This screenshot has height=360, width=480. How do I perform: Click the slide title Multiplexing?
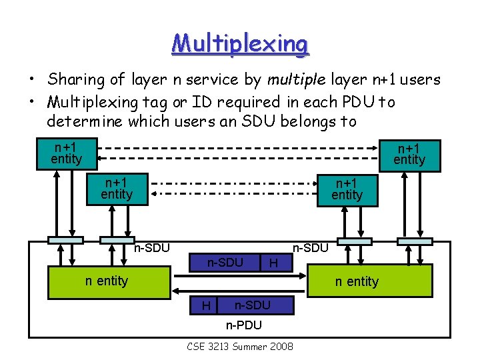point(240,44)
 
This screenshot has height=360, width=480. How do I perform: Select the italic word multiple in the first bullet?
point(295,80)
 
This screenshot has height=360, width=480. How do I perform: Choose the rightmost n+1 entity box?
point(409,153)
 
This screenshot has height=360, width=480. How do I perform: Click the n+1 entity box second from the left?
point(117,188)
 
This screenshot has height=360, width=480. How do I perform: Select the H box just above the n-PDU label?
point(206,306)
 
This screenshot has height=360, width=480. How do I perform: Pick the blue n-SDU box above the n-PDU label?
point(252,305)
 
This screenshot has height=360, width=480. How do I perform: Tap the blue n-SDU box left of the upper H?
point(225,263)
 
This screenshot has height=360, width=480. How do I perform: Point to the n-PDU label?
point(243,325)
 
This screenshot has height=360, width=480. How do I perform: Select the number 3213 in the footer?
point(219,346)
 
